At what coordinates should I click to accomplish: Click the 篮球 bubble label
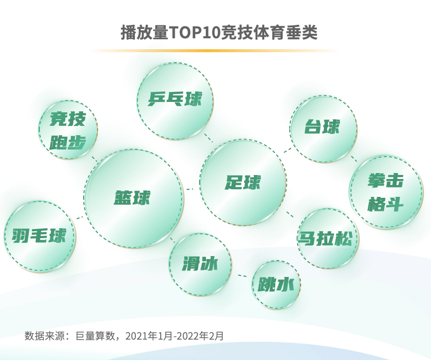click(132, 198)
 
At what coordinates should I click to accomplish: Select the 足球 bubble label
click(242, 182)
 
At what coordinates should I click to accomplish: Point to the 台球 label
click(323, 127)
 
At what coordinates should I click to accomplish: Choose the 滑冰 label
click(200, 264)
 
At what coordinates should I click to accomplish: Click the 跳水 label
click(276, 285)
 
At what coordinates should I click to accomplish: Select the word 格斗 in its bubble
click(385, 204)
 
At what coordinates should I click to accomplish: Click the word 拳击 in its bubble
click(385, 181)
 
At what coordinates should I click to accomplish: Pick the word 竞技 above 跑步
click(68, 119)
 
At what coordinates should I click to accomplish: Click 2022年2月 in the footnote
click(202, 336)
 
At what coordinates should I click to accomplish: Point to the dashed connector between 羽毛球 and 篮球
click(80, 217)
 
